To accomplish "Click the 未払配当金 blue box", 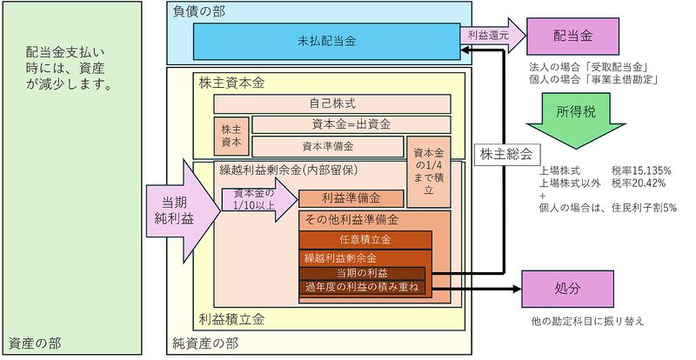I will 326,40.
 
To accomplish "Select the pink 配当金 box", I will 572,36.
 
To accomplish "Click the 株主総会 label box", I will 505,153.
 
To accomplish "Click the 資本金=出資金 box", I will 351,124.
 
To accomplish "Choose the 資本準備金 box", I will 327,145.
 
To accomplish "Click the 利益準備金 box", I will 351,198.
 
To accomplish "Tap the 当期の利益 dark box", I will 363,273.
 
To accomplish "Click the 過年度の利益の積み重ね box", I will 363,286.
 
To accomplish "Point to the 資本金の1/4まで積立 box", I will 432,170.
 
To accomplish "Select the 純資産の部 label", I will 209,343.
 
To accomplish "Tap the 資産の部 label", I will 35,343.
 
